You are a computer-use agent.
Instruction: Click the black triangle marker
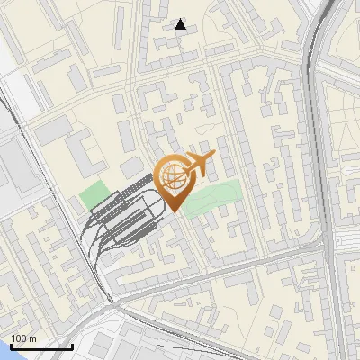click(x=181, y=24)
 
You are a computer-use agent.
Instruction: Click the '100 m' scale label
click(x=22, y=337)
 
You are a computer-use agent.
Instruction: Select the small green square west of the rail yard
click(x=93, y=193)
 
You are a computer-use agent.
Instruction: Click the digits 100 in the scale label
click(x=19, y=337)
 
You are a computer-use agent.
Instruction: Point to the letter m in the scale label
click(x=32, y=338)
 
